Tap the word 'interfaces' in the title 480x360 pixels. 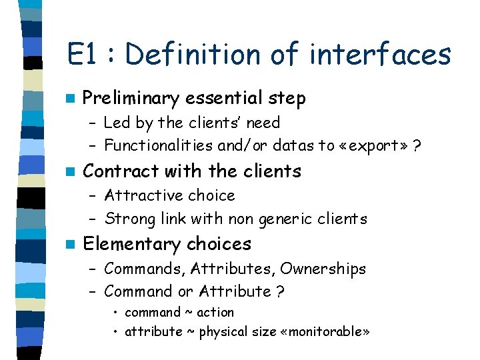380,55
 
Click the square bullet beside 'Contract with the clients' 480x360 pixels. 71,171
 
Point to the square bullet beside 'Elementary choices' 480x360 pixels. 71,244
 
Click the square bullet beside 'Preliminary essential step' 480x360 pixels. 71,99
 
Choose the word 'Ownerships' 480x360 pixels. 323,269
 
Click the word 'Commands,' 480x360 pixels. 145,269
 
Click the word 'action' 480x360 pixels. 215,313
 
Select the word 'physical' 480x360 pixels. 222,332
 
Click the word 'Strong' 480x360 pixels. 126,219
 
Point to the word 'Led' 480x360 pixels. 117,123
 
